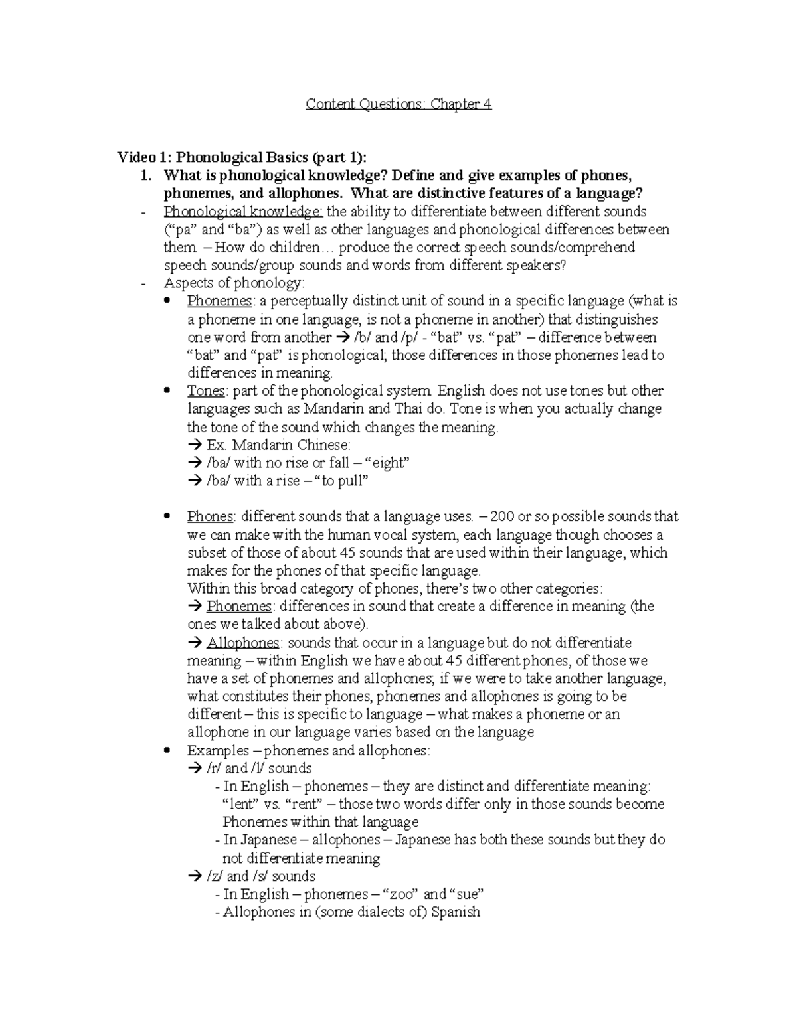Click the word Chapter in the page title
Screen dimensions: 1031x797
point(455,104)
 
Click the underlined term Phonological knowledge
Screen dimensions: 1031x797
point(243,212)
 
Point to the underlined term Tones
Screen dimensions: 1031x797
point(206,391)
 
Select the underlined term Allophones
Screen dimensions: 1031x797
point(243,643)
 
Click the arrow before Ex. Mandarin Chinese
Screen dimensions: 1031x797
point(195,445)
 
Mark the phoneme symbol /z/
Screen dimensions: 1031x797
point(215,876)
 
